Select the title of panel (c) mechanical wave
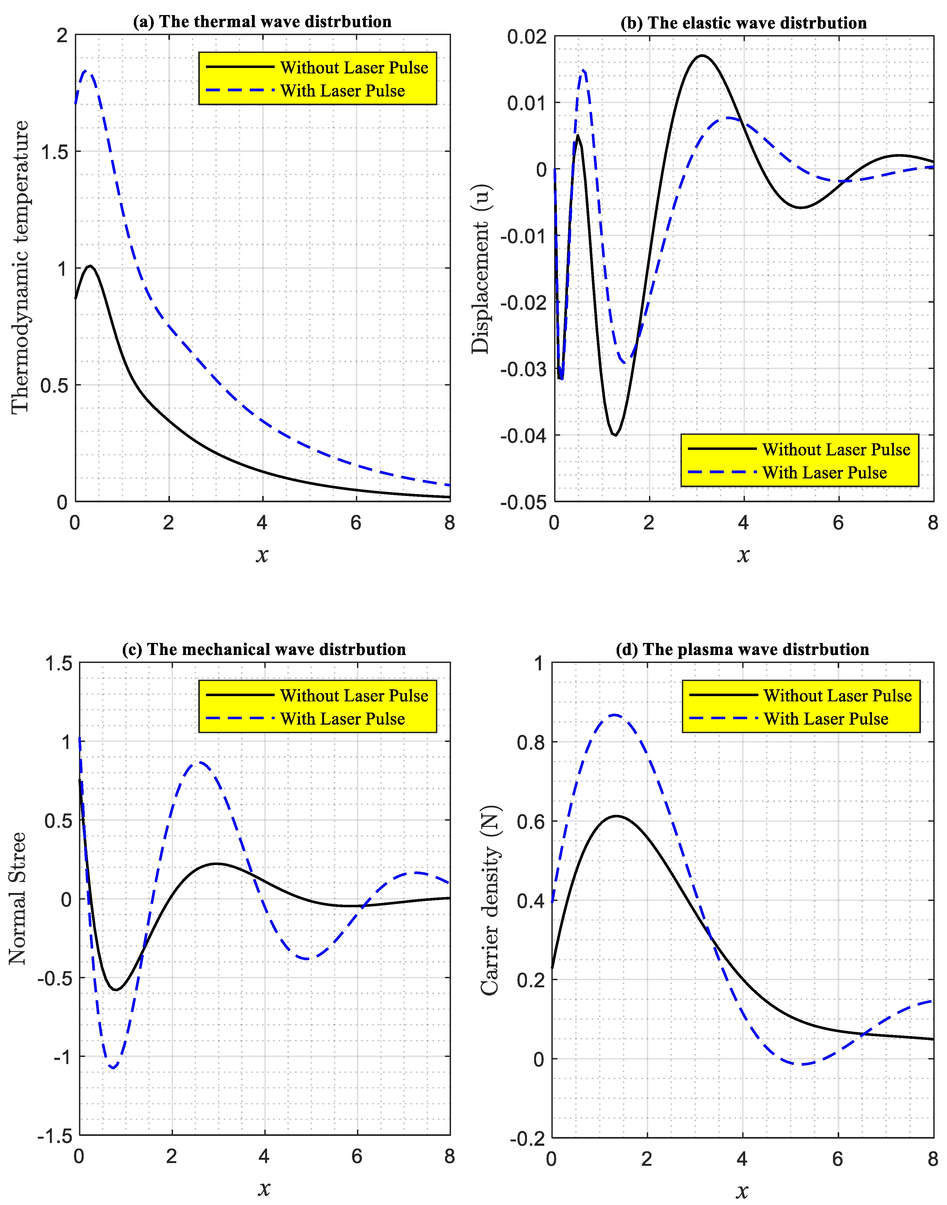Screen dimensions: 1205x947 [x=264, y=649]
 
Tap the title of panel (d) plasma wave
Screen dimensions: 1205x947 [x=742, y=649]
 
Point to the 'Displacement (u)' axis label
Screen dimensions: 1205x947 [x=481, y=268]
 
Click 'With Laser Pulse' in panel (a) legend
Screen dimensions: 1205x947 [x=343, y=91]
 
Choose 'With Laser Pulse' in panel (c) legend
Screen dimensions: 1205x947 [x=343, y=719]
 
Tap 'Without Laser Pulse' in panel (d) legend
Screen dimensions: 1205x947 [x=837, y=696]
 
